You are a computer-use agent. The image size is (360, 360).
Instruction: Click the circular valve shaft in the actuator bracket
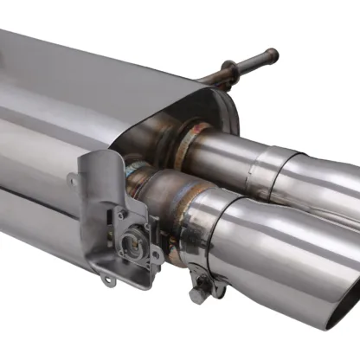[135, 245]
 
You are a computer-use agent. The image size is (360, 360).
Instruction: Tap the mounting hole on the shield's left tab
[73, 179]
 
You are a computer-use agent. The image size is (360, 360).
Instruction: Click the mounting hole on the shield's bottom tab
[106, 279]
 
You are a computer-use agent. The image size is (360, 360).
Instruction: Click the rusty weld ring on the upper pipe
[187, 143]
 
